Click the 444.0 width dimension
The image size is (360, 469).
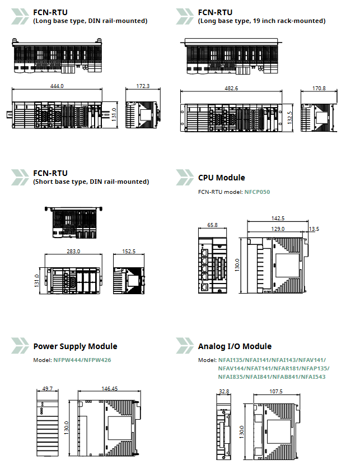pyautogui.click(x=57, y=86)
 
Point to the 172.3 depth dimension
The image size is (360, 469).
pyautogui.click(x=143, y=86)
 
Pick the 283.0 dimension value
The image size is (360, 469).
pyautogui.click(x=73, y=252)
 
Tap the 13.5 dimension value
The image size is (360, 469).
pyautogui.click(x=314, y=229)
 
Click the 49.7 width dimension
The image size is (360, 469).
pyautogui.click(x=47, y=388)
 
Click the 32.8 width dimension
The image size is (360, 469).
pyautogui.click(x=224, y=392)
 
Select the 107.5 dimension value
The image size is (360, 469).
pyautogui.click(x=276, y=392)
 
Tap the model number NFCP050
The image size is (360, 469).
pyautogui.click(x=257, y=192)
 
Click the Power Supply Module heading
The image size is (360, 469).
pyautogui.click(x=75, y=346)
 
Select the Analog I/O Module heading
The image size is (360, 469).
pyautogui.click(x=235, y=346)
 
